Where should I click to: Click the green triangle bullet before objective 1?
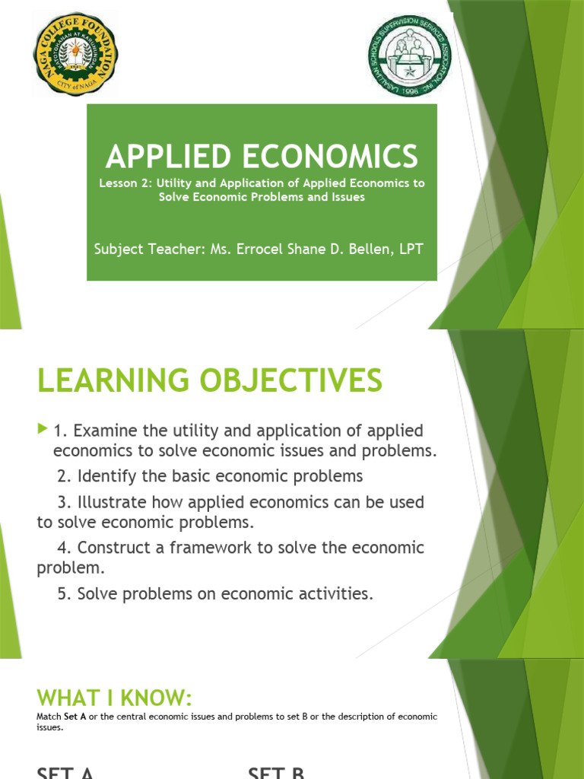coord(42,430)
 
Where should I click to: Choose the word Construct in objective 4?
coord(111,548)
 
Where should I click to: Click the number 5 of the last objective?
coord(62,594)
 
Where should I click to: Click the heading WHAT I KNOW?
coord(115,698)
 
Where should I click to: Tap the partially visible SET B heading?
coord(276,772)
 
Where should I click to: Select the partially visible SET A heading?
coord(65,772)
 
